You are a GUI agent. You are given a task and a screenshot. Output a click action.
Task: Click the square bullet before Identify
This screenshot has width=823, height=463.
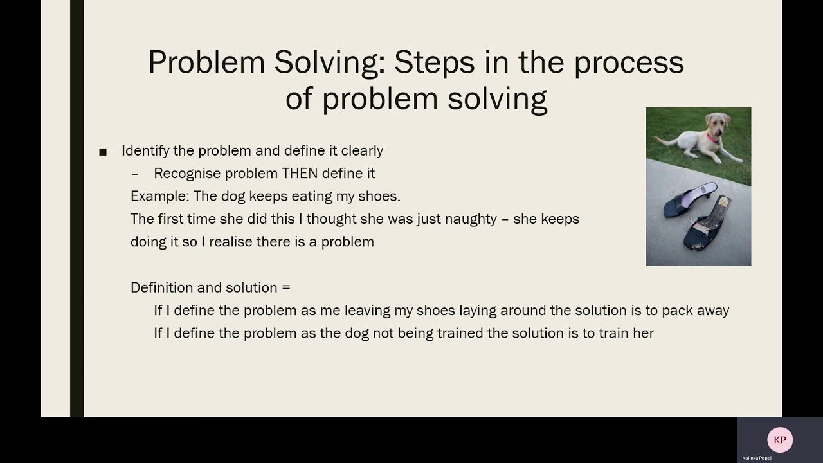tap(103, 152)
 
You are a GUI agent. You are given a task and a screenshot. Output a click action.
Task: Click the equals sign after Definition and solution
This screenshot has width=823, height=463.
tap(286, 287)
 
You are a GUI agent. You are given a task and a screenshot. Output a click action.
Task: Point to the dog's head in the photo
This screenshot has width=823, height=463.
tap(713, 122)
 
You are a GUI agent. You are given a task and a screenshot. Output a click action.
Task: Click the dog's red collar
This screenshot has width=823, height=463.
tap(711, 137)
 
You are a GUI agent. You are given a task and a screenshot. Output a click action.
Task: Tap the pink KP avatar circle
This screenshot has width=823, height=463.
tap(780, 440)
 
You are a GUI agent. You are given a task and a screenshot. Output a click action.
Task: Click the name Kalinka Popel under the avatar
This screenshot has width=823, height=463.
tap(757, 458)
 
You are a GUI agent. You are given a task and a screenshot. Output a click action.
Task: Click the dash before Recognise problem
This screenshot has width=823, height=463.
tap(134, 174)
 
